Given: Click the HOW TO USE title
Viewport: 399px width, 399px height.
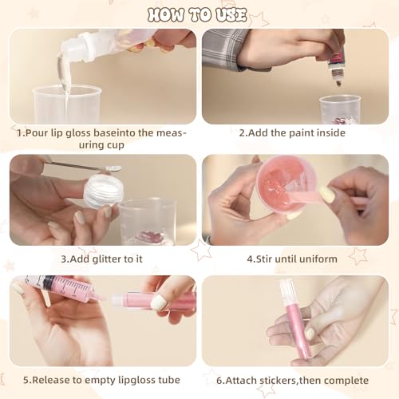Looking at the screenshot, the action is (x=197, y=14).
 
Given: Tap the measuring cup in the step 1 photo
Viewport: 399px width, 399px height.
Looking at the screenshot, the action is (x=67, y=105).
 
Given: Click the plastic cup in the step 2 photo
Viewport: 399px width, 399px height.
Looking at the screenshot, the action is (x=340, y=109).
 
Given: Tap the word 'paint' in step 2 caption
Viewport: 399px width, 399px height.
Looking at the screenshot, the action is (x=302, y=132).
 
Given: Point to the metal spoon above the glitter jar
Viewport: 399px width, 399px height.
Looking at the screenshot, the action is (x=82, y=166).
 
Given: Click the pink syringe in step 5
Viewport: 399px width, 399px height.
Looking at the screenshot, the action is (x=64, y=288).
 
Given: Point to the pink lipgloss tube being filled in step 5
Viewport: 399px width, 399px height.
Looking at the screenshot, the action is (x=154, y=301).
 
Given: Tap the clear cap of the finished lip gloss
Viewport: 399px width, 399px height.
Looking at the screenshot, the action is (x=287, y=292).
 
